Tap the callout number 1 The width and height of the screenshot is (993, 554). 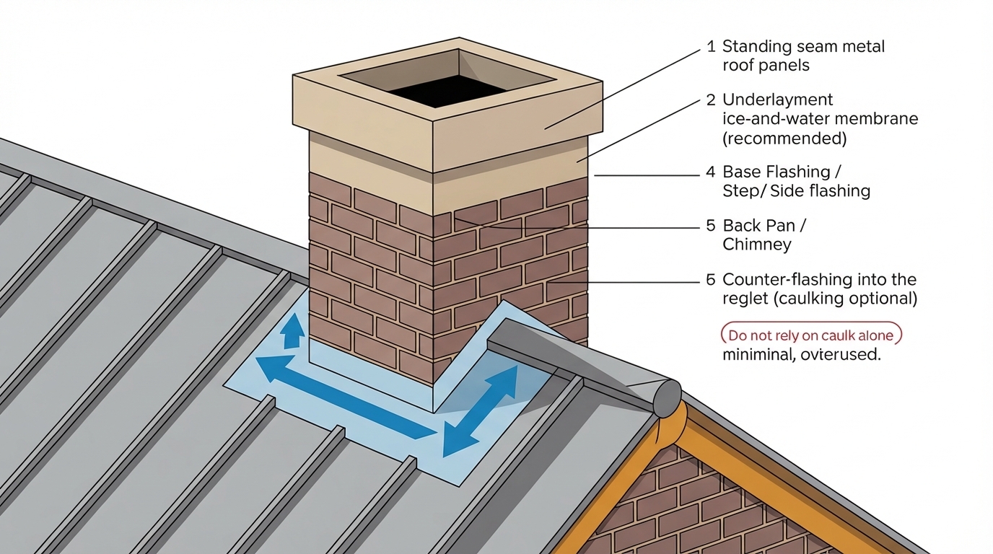coord(711,47)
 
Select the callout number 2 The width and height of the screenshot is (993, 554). coord(711,100)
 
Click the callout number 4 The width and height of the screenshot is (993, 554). coord(711,172)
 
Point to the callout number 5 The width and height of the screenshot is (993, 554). coord(711,226)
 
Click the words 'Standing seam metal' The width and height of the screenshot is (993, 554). coord(803,47)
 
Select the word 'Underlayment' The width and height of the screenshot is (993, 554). coord(777,100)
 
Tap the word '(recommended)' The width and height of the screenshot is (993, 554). coord(784,138)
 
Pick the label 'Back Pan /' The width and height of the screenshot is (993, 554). coord(764,226)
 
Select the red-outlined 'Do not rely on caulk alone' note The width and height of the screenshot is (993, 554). coord(811,335)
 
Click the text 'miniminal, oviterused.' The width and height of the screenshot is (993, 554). coord(801,355)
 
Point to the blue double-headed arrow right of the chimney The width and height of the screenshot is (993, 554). coord(481,411)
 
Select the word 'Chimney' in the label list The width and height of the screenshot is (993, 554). coord(756,245)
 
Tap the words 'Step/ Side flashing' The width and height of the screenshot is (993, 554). coord(796,191)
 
